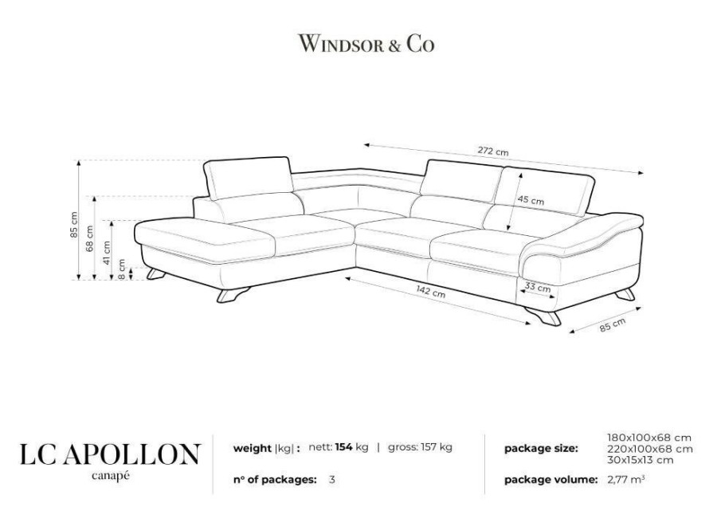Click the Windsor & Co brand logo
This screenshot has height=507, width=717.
tap(366, 44)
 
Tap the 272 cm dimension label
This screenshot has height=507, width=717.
tap(493, 151)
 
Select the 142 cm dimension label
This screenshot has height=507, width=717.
tap(430, 291)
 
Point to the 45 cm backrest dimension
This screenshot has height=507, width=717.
tap(531, 200)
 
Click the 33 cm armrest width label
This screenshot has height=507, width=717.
tap(537, 288)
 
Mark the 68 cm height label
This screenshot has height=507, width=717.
tap(89, 238)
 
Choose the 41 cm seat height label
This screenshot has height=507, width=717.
tap(107, 253)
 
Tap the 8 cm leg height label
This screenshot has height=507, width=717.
tap(121, 269)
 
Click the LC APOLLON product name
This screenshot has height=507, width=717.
tap(110, 454)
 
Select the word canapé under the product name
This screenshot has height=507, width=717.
tap(110, 475)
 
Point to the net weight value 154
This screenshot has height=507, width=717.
tap(343, 447)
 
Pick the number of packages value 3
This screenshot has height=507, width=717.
tap(332, 480)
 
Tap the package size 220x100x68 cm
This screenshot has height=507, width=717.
tap(650, 449)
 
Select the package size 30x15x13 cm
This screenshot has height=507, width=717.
tap(641, 460)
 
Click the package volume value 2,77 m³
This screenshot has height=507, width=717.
tap(626, 480)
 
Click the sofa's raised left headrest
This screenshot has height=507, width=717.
tap(248, 178)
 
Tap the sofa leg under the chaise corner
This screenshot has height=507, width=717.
tap(233, 294)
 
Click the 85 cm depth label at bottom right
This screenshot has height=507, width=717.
tap(613, 324)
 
